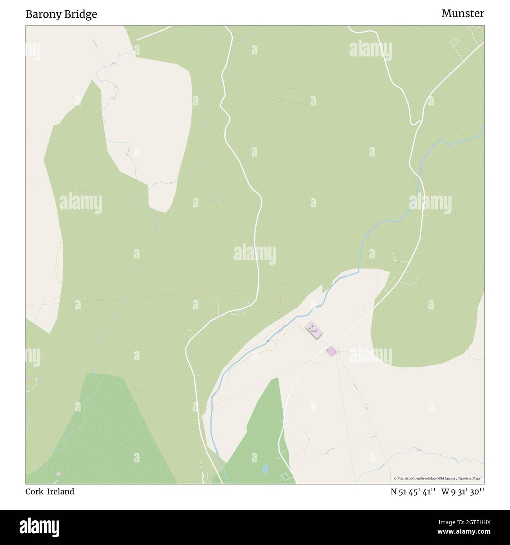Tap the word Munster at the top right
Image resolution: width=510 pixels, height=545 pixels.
463,13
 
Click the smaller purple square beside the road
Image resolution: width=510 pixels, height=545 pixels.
331,351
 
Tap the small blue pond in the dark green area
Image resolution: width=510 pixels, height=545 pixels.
265,468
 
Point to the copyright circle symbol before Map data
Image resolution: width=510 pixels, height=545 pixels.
395,478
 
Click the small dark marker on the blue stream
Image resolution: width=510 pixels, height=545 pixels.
268,341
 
